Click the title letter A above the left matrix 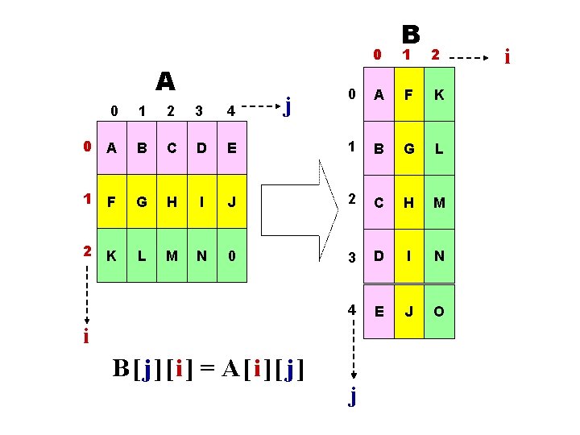click(165, 81)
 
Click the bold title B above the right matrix click(411, 34)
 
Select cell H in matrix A click(172, 200)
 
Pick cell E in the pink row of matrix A click(232, 147)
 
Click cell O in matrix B click(439, 311)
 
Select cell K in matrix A click(112, 255)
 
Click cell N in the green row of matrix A click(201, 255)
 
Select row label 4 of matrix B click(351, 310)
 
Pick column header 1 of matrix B click(408, 55)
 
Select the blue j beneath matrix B click(352, 396)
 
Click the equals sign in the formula click(207, 368)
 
